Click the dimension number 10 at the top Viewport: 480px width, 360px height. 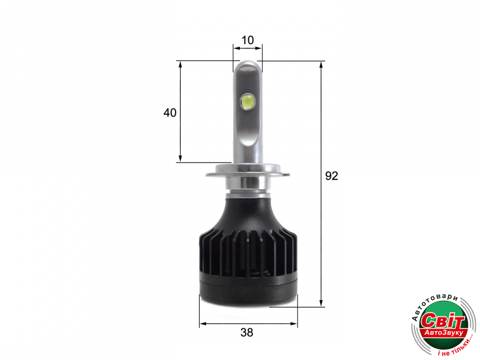pos(248,40)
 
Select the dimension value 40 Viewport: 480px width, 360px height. pos(170,113)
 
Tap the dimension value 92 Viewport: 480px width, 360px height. pos(332,176)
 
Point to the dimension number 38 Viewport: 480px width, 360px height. pos(247,333)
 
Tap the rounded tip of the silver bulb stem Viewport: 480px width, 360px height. pos(248,65)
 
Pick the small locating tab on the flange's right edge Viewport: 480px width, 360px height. pos(286,175)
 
